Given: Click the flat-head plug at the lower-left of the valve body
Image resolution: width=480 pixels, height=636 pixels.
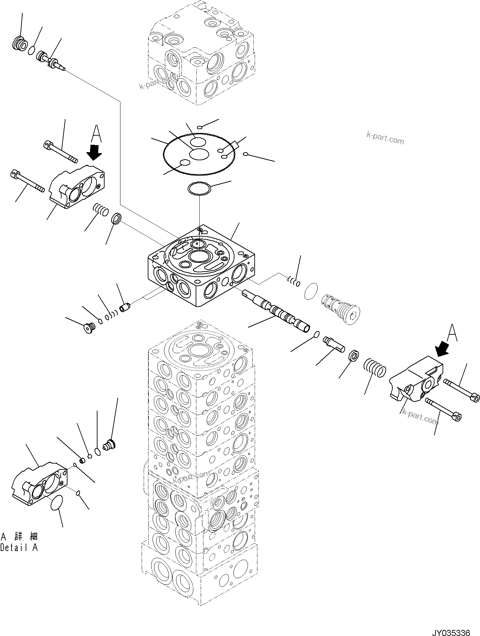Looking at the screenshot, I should [x=89, y=328].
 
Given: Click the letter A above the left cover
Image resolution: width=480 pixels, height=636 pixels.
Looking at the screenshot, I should [x=96, y=134].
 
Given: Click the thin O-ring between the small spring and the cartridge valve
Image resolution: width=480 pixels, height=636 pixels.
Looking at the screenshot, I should [x=311, y=291].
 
